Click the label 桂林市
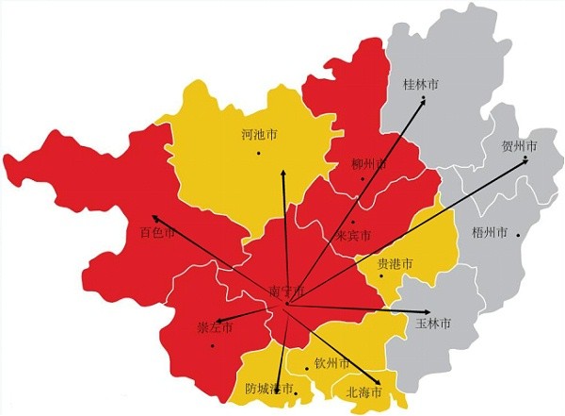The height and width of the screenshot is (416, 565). point(421,84)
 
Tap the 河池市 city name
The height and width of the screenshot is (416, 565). point(259,136)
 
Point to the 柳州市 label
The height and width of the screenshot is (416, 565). point(368,164)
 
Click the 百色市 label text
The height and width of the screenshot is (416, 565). point(157,232)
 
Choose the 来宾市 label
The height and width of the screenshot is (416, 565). point(352,235)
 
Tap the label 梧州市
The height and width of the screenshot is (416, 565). point(489,231)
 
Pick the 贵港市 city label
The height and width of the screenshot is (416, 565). point(395,264)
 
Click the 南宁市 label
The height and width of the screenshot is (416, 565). point(287,290)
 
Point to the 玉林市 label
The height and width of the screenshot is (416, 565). point(433,324)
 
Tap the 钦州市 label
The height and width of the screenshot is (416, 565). point(332,363)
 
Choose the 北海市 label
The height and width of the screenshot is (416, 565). point(363,391)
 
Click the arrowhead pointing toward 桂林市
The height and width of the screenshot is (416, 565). point(423,101)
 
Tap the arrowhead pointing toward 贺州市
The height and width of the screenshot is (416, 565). point(525,162)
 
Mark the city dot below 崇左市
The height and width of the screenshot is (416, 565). point(213,344)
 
